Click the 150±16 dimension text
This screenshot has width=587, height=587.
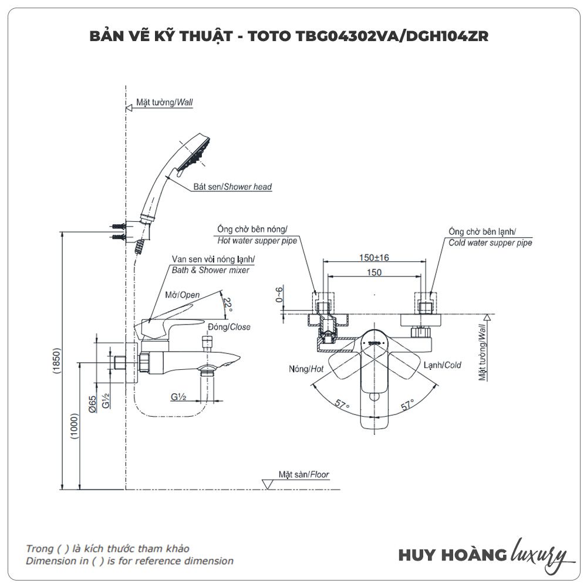[x=375, y=257]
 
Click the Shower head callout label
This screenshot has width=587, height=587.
[x=232, y=187]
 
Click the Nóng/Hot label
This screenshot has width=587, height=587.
[x=306, y=369]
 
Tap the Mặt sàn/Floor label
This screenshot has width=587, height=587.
[x=303, y=474]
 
